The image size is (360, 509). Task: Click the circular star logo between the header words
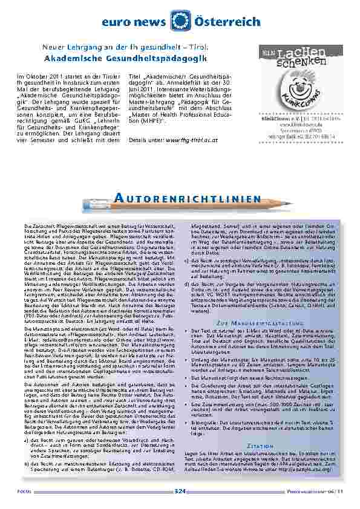[x=180, y=21]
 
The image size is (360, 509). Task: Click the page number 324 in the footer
[x=180, y=491]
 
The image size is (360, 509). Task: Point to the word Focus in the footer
[x=24, y=491]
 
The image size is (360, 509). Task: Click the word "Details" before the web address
[x=139, y=140]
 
